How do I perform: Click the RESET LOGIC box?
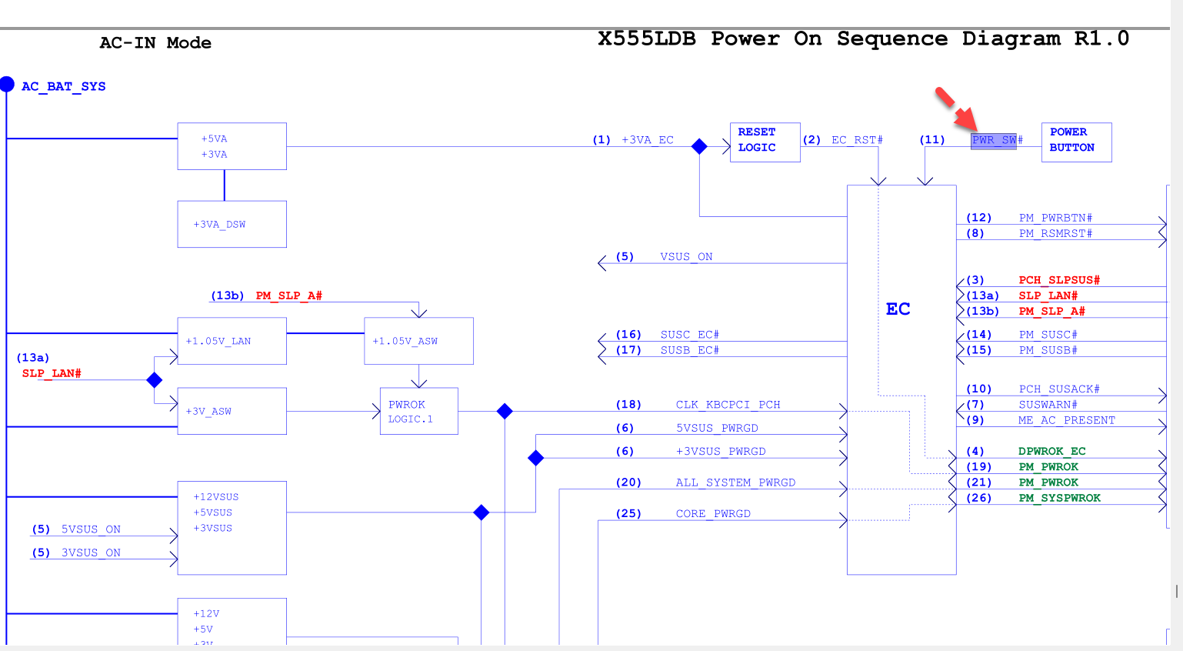[x=765, y=142]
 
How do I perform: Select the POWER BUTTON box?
[x=1076, y=142]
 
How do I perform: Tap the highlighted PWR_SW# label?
[x=994, y=140]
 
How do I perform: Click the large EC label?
[x=898, y=309]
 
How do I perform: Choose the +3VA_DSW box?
[x=232, y=224]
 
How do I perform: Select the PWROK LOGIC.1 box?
[x=418, y=411]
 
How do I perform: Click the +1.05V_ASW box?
[x=418, y=341]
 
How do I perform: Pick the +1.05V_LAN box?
[x=232, y=341]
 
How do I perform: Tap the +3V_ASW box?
[x=232, y=411]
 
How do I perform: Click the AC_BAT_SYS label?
[x=64, y=86]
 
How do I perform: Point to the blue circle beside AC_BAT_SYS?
[x=7, y=84]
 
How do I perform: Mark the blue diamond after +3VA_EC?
[x=699, y=146]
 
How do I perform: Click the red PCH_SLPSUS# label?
[x=1059, y=280]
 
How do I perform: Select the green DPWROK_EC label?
[x=1051, y=451]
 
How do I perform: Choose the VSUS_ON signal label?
[x=686, y=257]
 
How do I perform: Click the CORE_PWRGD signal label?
[x=713, y=513]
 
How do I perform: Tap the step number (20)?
[x=628, y=482]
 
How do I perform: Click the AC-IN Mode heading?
[x=155, y=43]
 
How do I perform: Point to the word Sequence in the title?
[x=891, y=38]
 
